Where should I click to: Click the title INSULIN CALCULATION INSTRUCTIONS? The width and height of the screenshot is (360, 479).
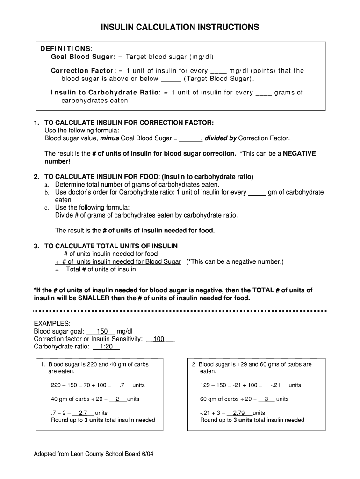click(x=180, y=28)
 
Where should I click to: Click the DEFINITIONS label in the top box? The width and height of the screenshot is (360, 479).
click(x=65, y=49)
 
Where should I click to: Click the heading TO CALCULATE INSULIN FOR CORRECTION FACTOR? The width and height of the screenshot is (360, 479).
click(x=129, y=123)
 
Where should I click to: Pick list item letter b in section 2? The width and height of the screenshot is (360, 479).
click(x=46, y=192)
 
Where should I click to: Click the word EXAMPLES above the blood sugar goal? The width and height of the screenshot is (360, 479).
click(x=52, y=323)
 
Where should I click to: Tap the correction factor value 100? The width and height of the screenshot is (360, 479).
click(x=159, y=339)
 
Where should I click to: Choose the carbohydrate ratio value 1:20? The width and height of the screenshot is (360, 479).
click(x=106, y=347)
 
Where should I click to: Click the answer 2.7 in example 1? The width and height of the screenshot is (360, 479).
click(x=83, y=413)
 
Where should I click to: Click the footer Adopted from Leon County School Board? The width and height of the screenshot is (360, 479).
click(x=94, y=455)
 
